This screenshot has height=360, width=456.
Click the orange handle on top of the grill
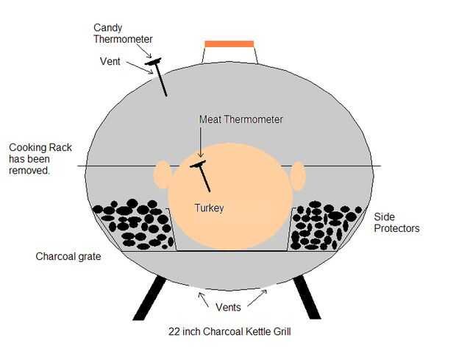[x=229, y=44]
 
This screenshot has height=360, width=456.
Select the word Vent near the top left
[x=110, y=62]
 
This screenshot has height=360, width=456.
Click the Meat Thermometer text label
[x=241, y=119]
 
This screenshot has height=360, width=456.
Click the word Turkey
[x=208, y=208]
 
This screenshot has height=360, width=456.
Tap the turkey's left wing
[x=162, y=175]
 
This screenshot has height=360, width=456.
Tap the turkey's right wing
[x=297, y=176]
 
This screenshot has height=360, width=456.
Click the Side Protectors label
[x=396, y=222]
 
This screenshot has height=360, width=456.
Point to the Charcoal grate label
[x=68, y=257]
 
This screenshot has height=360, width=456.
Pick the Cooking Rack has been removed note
[x=40, y=158]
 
